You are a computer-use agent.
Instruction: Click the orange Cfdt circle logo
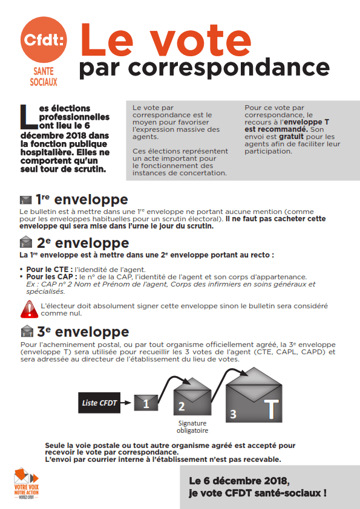point(44,40)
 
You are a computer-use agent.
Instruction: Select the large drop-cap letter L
point(28,117)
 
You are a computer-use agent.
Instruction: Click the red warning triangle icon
point(29,309)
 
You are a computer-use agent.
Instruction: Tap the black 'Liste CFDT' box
point(99,403)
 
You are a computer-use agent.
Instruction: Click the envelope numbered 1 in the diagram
point(146,403)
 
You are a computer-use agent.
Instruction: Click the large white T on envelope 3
point(271,409)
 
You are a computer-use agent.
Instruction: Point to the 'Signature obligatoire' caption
point(192,427)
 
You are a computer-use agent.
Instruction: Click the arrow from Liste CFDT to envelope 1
point(125,403)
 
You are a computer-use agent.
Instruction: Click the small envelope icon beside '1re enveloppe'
point(25,200)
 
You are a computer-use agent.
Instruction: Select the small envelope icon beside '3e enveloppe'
point(27,331)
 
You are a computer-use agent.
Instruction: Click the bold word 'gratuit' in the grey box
point(291,137)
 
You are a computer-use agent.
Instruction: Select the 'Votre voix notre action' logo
point(26,484)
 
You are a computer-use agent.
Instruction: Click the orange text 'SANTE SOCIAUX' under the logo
point(44,77)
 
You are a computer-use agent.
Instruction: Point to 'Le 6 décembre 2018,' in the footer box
point(240,481)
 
